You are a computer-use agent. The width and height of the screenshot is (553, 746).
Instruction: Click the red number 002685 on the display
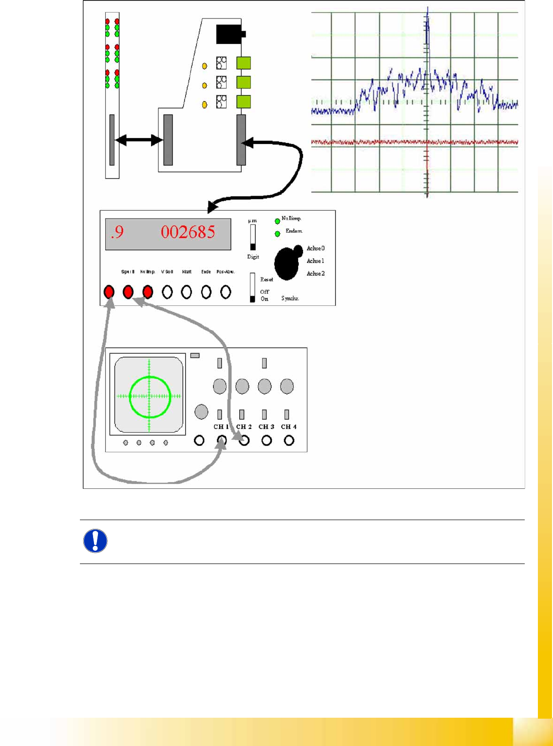pyautogui.click(x=188, y=232)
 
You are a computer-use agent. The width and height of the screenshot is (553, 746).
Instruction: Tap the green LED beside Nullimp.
pyautogui.click(x=277, y=221)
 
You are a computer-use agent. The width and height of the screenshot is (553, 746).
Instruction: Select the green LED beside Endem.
pyautogui.click(x=277, y=234)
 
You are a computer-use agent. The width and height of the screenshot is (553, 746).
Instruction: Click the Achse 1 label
pyautogui.click(x=315, y=261)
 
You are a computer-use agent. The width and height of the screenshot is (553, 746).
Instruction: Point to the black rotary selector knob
pyautogui.click(x=287, y=263)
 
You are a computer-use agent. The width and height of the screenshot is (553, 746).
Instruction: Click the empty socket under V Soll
pyautogui.click(x=167, y=292)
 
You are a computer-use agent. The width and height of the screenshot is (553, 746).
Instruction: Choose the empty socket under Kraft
pyautogui.click(x=187, y=292)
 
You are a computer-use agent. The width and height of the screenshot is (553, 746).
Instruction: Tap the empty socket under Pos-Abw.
pyautogui.click(x=226, y=292)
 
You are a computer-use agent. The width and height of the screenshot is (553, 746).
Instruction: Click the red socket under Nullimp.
pyautogui.click(x=148, y=292)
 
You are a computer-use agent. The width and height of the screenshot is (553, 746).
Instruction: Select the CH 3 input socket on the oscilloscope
pyautogui.click(x=267, y=441)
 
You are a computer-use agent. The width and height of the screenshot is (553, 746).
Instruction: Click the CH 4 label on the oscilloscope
pyautogui.click(x=288, y=427)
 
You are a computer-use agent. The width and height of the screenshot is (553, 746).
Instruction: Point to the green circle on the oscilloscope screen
pyautogui.click(x=150, y=377)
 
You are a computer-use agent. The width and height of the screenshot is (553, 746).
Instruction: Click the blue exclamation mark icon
pyautogui.click(x=95, y=541)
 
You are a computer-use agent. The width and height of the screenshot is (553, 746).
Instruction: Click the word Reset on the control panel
pyautogui.click(x=267, y=280)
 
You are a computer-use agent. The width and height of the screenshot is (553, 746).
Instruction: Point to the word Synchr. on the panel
pyautogui.click(x=290, y=298)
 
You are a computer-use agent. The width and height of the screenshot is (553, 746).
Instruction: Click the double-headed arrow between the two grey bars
pyautogui.click(x=139, y=141)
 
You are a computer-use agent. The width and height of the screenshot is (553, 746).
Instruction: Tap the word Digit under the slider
pyautogui.click(x=253, y=257)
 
